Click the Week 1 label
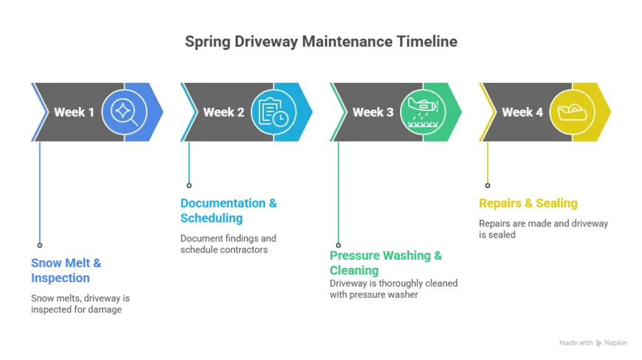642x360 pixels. tap(74, 113)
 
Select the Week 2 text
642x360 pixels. tap(224, 113)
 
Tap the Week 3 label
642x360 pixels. tap(373, 113)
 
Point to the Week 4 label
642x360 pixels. tap(522, 113)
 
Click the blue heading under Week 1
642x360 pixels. tap(66, 270)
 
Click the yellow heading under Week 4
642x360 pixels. tap(528, 203)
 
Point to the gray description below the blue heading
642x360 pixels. tap(80, 304)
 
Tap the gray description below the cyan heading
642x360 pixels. tap(229, 243)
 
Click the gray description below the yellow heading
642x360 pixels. tap(544, 229)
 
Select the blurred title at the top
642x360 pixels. tap(320, 43)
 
